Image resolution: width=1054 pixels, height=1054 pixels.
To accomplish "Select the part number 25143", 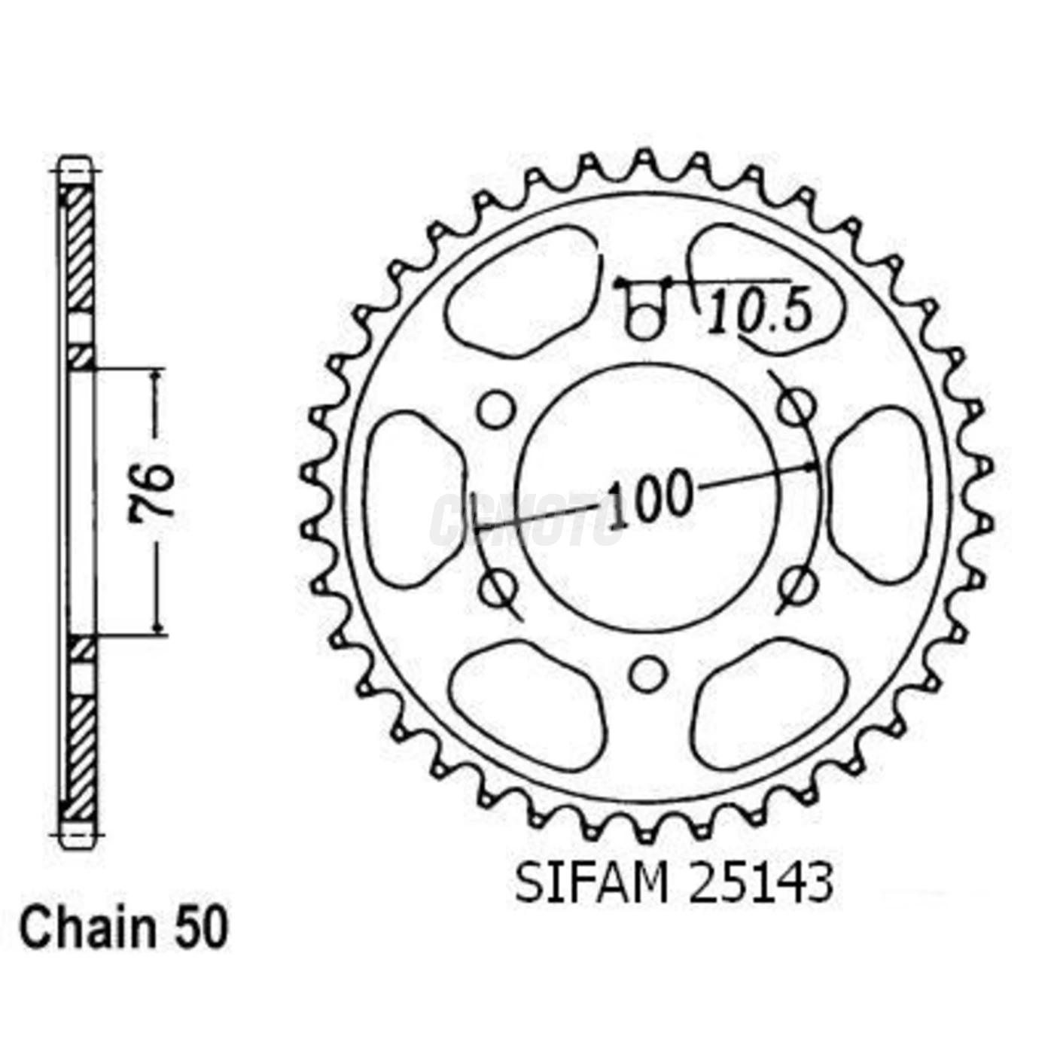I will (761, 882).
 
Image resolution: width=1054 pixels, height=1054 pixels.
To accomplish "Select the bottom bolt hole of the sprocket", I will (647, 674).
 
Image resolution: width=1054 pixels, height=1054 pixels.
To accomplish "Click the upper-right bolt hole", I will (796, 409).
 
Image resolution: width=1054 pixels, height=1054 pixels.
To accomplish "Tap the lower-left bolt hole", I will (497, 587).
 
